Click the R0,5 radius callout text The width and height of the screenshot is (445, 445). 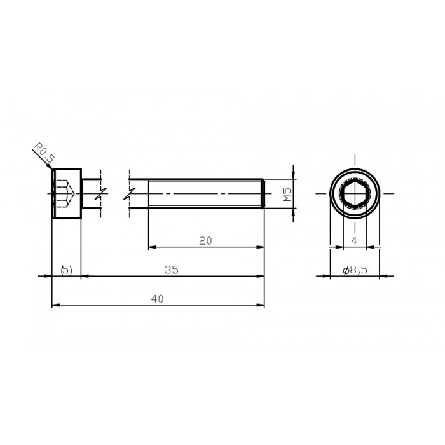tap(43, 154)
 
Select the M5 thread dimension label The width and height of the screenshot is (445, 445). tap(287, 194)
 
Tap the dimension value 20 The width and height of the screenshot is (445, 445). tap(205, 240)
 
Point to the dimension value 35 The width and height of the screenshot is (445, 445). tap(170, 270)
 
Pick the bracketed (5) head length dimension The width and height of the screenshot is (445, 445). tap(66, 270)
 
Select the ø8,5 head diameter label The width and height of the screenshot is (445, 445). tap(354, 270)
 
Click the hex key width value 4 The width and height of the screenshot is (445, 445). tap(354, 240)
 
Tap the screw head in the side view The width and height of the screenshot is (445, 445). tap(67, 194)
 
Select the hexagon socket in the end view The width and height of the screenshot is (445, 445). tap(354, 193)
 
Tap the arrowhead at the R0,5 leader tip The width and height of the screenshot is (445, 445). tap(53, 168)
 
